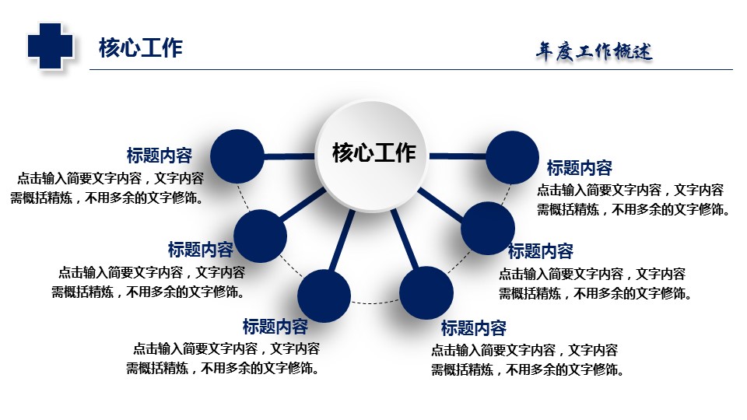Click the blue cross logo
pos(50,46)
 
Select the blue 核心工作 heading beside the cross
pos(141,48)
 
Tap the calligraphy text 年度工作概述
pos(594,51)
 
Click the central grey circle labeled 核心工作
pos(372,156)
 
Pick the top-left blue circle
pos(237,156)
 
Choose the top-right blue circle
pos(512,158)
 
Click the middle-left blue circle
pos(260,236)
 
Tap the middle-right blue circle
pos(488,228)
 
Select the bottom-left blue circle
pos(324,296)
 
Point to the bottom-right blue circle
pos(426,292)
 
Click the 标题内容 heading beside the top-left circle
pos(159,156)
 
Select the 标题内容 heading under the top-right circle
pos(579,168)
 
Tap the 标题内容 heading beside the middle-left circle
pos(201,249)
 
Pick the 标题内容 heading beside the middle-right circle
pos(541,251)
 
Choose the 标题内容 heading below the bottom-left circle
pos(275,327)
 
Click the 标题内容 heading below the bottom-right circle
pos(474,328)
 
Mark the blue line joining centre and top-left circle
pos(289,156)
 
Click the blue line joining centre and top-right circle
pos(458,156)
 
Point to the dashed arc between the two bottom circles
pos(375,303)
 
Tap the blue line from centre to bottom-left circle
pos(342,241)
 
